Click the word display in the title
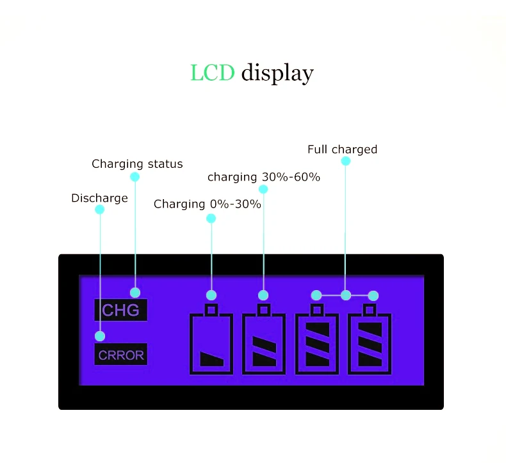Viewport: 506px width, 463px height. [277, 73]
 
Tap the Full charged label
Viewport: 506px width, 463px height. [342, 149]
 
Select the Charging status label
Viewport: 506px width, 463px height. [137, 164]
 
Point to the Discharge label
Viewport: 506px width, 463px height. [99, 199]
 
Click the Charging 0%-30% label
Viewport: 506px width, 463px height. [208, 204]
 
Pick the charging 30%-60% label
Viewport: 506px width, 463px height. [264, 176]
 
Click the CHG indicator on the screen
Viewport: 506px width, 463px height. [120, 311]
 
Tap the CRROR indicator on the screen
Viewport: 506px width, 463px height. [121, 354]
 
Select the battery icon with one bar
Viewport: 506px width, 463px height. [211, 343]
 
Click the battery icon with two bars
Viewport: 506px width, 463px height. [263, 343]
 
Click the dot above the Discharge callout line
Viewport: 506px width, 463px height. [99, 209]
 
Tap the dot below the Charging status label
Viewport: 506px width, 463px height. [135, 177]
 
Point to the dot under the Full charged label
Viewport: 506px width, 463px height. [346, 161]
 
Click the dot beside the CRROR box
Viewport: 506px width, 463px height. [100, 336]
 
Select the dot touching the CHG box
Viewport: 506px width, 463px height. [135, 293]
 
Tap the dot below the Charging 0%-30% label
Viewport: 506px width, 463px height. [211, 218]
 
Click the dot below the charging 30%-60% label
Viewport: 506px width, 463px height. [263, 189]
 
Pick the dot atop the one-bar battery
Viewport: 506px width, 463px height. [211, 295]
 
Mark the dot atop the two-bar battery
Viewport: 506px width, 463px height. [263, 295]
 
